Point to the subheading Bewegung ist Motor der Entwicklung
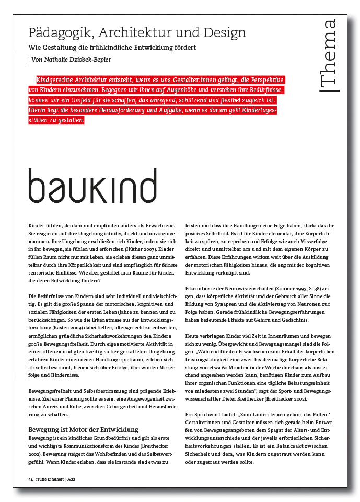click(x=83, y=430)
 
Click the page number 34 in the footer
click(x=30, y=478)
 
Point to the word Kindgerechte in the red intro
click(x=54, y=81)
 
